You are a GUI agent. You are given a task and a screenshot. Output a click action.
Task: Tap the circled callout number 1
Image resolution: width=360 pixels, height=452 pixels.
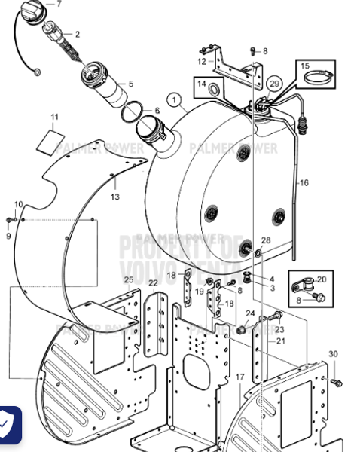[175, 99]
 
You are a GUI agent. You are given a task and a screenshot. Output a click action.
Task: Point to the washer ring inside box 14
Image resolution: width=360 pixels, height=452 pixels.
[213, 92]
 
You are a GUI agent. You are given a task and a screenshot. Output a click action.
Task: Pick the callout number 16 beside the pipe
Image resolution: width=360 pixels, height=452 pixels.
[304, 182]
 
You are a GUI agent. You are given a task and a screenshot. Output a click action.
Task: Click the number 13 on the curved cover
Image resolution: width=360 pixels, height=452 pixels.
[115, 197]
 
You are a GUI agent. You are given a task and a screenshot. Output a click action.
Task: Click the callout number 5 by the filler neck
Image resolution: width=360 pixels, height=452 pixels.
[130, 84]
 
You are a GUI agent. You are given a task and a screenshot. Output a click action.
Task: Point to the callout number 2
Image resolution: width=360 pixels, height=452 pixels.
[77, 35]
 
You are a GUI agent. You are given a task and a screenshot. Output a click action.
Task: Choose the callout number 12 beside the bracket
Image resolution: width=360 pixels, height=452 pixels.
[201, 61]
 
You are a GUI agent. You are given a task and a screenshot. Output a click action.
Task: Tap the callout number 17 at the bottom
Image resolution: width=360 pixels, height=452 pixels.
[240, 376]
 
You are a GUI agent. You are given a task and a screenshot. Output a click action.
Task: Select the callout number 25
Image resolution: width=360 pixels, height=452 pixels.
[129, 280]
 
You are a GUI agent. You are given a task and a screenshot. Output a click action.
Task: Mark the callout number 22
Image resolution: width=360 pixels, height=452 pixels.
[153, 283]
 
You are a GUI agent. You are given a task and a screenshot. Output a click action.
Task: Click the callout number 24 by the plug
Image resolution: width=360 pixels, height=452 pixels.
[251, 313]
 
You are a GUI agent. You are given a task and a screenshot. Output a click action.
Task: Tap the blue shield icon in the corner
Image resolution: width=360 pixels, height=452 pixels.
[7, 426]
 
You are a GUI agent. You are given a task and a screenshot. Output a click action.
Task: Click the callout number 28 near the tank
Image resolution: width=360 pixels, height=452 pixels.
[265, 240]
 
